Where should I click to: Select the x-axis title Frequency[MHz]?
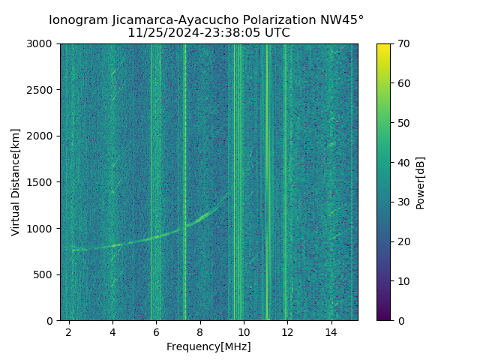[x=208, y=346]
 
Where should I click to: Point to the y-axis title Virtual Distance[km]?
[x=16, y=182]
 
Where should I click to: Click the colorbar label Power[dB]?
[x=421, y=182]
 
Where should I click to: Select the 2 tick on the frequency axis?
[x=69, y=332]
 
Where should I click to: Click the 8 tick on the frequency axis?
[x=200, y=332]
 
